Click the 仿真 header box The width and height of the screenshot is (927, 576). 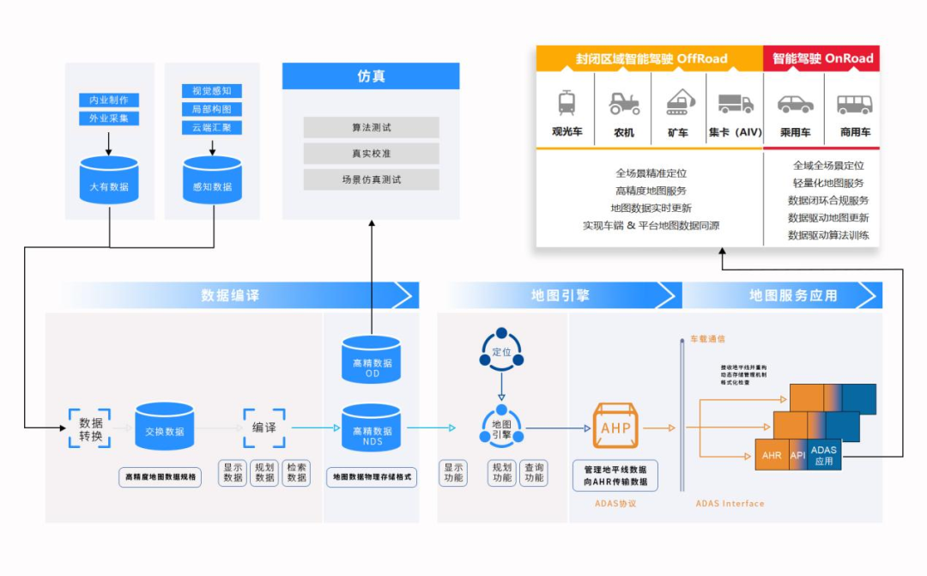[371, 76]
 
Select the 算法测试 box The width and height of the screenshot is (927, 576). [371, 127]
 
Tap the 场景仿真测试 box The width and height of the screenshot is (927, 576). [371, 179]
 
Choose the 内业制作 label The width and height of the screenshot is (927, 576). [109, 100]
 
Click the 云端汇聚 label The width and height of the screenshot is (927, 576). [212, 128]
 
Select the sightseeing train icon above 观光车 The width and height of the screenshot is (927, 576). [566, 103]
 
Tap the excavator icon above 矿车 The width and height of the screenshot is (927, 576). [678, 102]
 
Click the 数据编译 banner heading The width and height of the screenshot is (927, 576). [230, 295]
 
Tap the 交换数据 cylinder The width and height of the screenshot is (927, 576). [164, 428]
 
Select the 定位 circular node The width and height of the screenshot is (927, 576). [501, 352]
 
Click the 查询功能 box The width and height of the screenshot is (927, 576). [534, 473]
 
